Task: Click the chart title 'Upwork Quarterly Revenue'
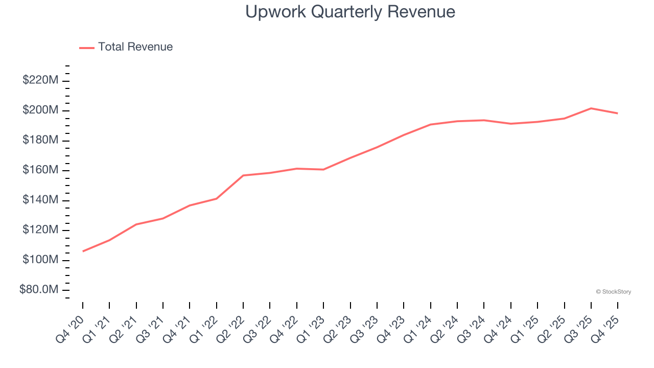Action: (350, 11)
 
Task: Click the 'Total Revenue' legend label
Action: (135, 47)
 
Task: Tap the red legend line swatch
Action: (87, 48)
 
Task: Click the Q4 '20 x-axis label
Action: (71, 327)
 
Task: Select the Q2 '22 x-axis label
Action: (231, 327)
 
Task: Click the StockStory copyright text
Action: (613, 292)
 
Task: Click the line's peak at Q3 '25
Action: (591, 108)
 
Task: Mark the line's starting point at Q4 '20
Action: (83, 251)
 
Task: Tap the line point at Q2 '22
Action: (243, 175)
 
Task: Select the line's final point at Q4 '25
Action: (618, 113)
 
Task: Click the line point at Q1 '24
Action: (431, 124)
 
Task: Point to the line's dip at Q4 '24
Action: (511, 124)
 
